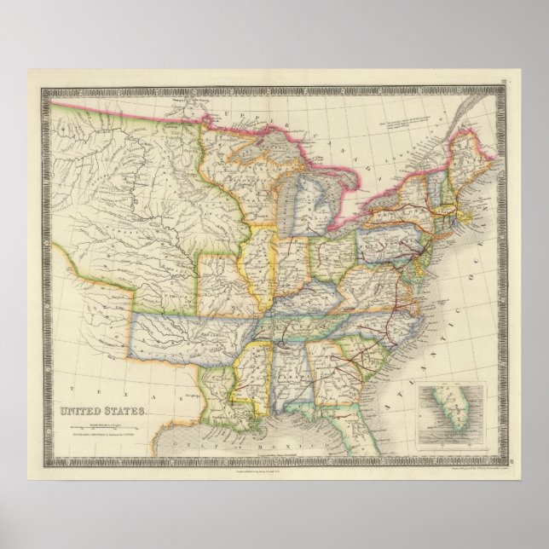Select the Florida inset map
tap(451, 414)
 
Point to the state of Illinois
tap(260, 264)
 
